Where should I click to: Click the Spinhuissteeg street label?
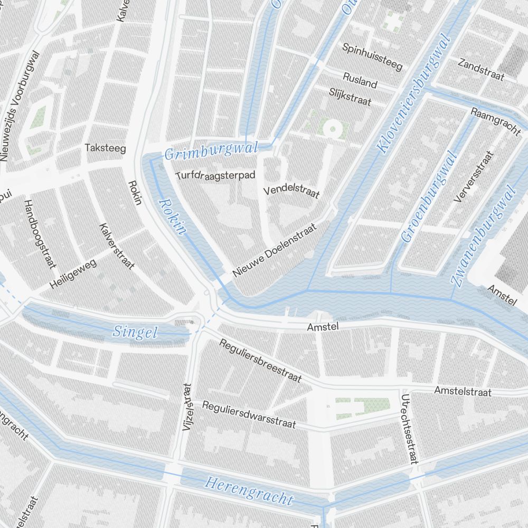[372, 56]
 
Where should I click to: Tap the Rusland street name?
[360, 80]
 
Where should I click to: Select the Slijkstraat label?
[350, 97]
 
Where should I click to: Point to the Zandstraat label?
[481, 70]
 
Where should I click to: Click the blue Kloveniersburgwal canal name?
[414, 93]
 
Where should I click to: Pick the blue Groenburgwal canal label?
[429, 196]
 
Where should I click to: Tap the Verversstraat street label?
[474, 177]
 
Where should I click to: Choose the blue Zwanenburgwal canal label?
[483, 237]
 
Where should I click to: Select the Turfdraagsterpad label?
[216, 174]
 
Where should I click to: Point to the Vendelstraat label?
[291, 191]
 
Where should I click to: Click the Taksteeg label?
[106, 148]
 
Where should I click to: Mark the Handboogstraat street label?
[40, 234]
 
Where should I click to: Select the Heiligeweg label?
[73, 275]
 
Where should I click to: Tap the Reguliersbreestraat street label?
[260, 361]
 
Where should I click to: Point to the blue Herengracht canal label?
[249, 490]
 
